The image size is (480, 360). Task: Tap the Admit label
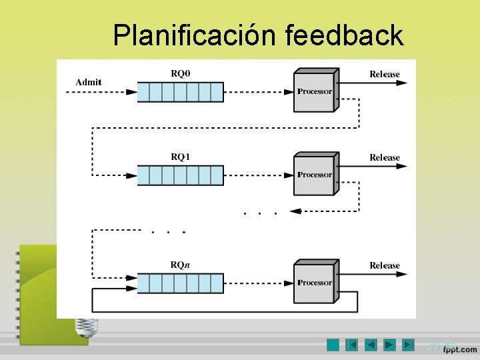(89, 82)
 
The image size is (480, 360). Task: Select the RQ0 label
(181, 73)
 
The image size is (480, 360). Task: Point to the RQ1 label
(181, 157)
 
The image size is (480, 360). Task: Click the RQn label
(181, 265)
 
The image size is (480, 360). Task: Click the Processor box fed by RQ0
(315, 92)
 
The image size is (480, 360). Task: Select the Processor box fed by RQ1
(315, 175)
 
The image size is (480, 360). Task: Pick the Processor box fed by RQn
(315, 283)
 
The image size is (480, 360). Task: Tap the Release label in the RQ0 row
(385, 74)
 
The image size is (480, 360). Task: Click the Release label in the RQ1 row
(385, 157)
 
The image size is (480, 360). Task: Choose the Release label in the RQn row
(385, 265)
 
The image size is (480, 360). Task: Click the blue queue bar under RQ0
(180, 92)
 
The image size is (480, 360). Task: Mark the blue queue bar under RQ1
(180, 175)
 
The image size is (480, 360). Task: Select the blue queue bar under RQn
(180, 283)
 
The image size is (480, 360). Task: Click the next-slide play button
(390, 345)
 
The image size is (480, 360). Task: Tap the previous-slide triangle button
(371, 345)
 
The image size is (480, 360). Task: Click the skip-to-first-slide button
(352, 345)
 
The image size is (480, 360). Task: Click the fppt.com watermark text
(460, 349)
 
